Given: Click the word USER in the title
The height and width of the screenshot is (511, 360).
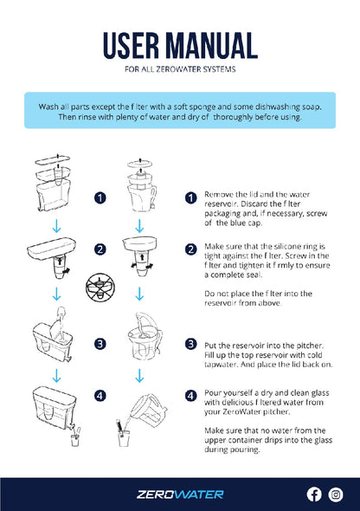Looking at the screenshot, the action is tap(131, 45).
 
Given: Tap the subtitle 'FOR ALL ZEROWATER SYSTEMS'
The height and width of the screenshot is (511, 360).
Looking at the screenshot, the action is tap(180, 69).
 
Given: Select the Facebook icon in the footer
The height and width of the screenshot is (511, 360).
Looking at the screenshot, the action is tap(314, 495).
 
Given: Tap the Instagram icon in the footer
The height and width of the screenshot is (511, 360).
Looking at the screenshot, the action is tap(336, 495).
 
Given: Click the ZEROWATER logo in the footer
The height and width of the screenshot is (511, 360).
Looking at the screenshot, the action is tap(180, 495).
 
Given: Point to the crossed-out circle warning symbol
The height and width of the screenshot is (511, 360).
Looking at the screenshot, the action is tap(100, 287).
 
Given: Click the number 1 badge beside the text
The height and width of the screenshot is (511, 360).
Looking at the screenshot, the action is tap(190, 197).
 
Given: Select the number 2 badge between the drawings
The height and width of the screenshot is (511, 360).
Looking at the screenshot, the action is tap(100, 249).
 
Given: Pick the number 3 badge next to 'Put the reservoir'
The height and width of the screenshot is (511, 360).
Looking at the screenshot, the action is tap(190, 344).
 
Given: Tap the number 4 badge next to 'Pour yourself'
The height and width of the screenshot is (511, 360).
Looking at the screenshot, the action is tap(190, 396).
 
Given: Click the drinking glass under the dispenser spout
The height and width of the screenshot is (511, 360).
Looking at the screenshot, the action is tap(75, 438).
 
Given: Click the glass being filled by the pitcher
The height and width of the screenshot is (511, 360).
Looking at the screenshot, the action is tap(124, 436).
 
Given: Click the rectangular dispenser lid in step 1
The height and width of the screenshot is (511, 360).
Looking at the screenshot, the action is tap(53, 159).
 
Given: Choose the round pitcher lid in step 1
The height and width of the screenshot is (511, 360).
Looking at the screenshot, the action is tap(140, 164).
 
